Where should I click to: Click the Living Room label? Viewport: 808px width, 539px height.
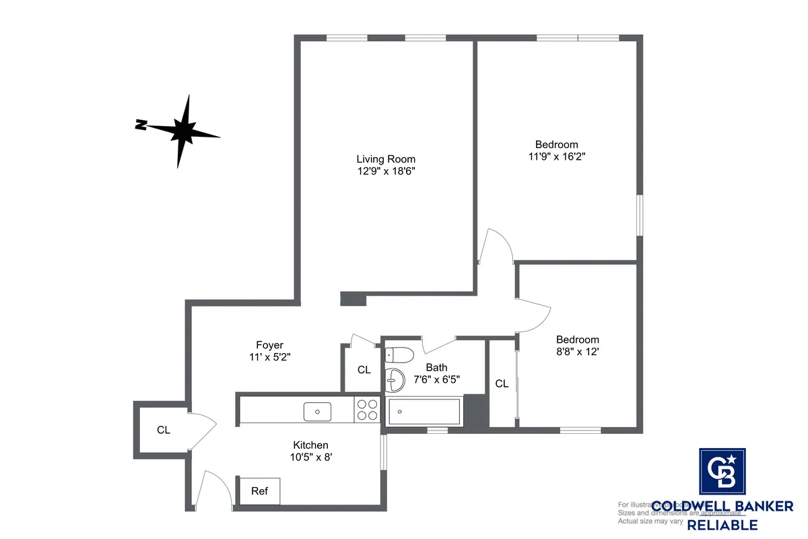pyautogui.click(x=386, y=159)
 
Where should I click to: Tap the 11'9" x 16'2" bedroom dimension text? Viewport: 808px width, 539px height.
pyautogui.click(x=556, y=156)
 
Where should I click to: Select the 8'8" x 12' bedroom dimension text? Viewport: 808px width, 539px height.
pyautogui.click(x=577, y=351)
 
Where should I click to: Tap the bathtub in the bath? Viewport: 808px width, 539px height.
pyautogui.click(x=425, y=410)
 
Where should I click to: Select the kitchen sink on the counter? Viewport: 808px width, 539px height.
pyautogui.click(x=316, y=410)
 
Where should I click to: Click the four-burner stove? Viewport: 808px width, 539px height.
pyautogui.click(x=367, y=410)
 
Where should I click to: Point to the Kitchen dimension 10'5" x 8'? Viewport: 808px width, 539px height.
pyautogui.click(x=310, y=457)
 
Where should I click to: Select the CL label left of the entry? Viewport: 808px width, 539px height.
pyautogui.click(x=164, y=430)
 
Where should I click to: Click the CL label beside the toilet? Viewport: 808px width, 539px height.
pyautogui.click(x=364, y=370)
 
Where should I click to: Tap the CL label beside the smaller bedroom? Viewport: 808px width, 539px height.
pyautogui.click(x=502, y=384)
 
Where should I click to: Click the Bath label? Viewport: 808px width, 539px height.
pyautogui.click(x=436, y=368)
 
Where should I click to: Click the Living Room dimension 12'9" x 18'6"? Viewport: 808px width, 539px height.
pyautogui.click(x=386, y=171)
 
